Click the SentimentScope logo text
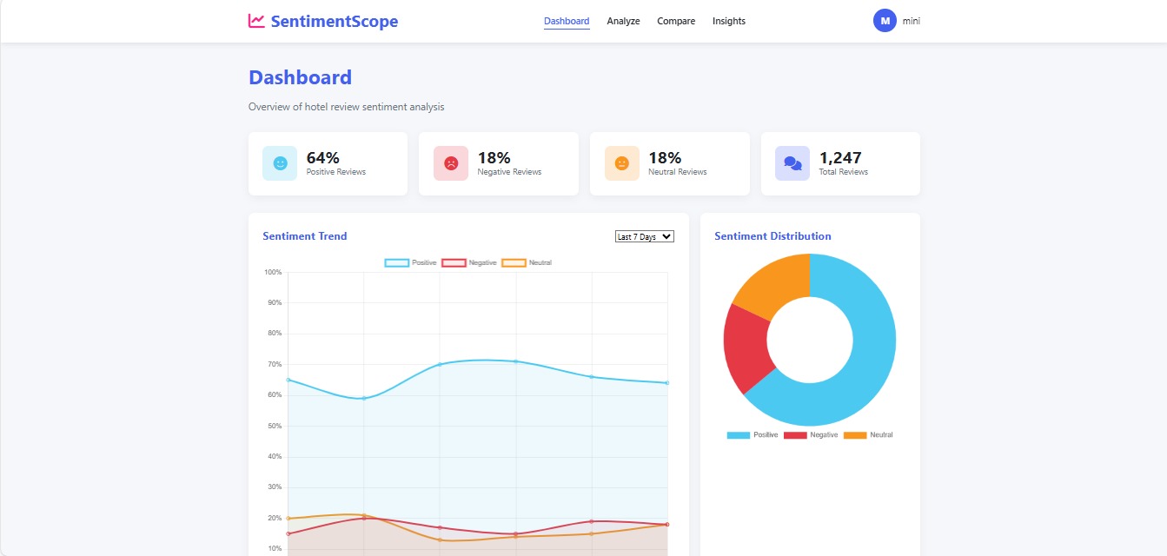334,22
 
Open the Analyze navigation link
623,21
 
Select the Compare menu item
676,21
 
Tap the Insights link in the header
728,21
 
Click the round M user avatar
885,21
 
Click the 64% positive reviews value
323,157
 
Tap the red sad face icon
451,163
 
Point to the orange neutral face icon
622,163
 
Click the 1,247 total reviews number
840,157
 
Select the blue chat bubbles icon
792,163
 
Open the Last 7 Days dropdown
644,236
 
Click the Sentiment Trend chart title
304,236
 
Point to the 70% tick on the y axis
274,364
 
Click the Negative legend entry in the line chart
470,262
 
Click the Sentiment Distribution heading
772,236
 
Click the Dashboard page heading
300,77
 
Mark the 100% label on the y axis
273,272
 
